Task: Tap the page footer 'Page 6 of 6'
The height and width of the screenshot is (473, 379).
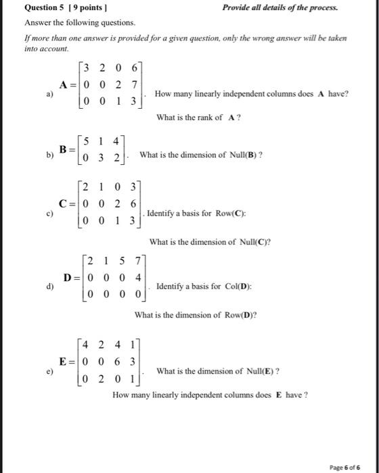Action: point(348,466)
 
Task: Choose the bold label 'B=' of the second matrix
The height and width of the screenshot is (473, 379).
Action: point(66,148)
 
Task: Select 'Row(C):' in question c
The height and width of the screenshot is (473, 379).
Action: point(227,214)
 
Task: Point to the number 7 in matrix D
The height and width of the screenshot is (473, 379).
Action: point(137,262)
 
